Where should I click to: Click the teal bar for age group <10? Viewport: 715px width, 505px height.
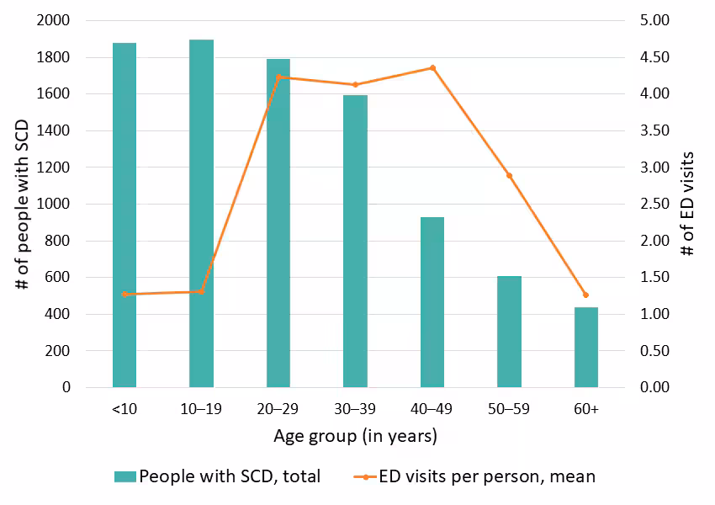point(124,215)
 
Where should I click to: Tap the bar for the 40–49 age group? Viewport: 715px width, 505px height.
point(432,302)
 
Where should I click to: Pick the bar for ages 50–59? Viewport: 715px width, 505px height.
point(509,332)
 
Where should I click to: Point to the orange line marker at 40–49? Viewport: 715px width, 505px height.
point(432,67)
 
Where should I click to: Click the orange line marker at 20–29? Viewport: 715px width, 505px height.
point(278,77)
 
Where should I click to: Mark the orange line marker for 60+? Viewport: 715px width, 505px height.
point(586,295)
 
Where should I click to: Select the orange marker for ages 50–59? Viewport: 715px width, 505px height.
point(509,175)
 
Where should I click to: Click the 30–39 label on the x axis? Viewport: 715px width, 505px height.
point(355,410)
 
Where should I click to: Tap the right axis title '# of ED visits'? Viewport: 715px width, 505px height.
point(688,204)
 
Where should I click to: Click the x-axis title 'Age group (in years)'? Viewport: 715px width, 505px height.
point(355,437)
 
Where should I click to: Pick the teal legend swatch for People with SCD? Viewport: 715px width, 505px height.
point(124,476)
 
